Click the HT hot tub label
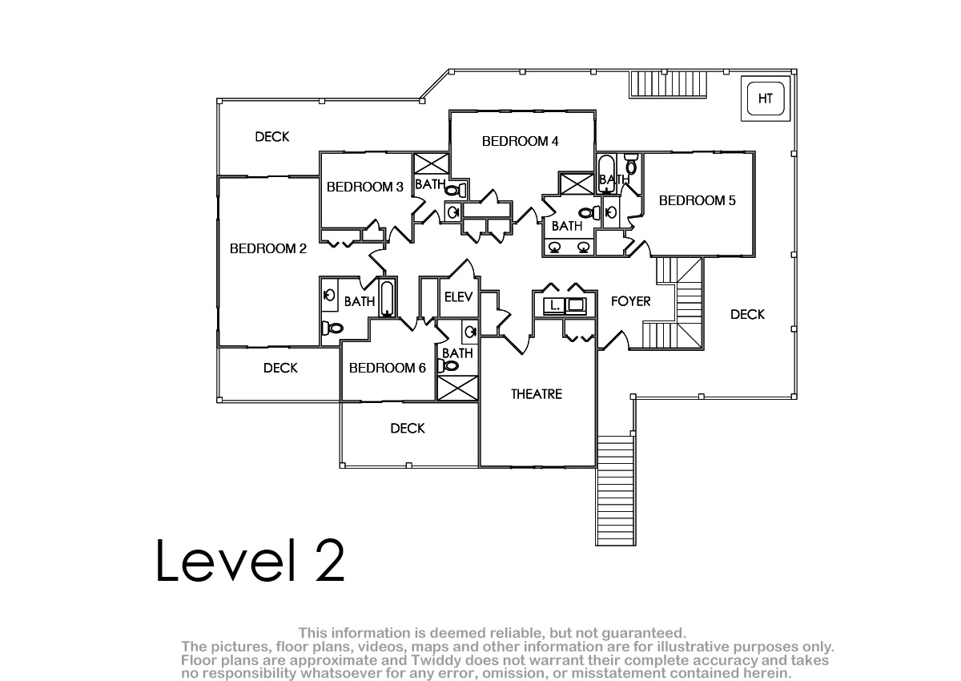766,99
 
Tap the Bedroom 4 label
520,141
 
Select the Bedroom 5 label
698,200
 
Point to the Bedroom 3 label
365,187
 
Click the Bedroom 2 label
268,248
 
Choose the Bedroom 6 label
388,368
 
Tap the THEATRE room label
537,394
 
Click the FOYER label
631,301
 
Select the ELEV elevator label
458,296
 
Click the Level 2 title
250,561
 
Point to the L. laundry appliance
554,305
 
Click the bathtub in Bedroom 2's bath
387,299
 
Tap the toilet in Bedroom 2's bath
332,328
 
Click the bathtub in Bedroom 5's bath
606,174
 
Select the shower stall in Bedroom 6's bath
457,388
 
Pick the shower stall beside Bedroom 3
431,164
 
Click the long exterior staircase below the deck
616,490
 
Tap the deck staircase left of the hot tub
668,85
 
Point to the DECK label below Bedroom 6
408,429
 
